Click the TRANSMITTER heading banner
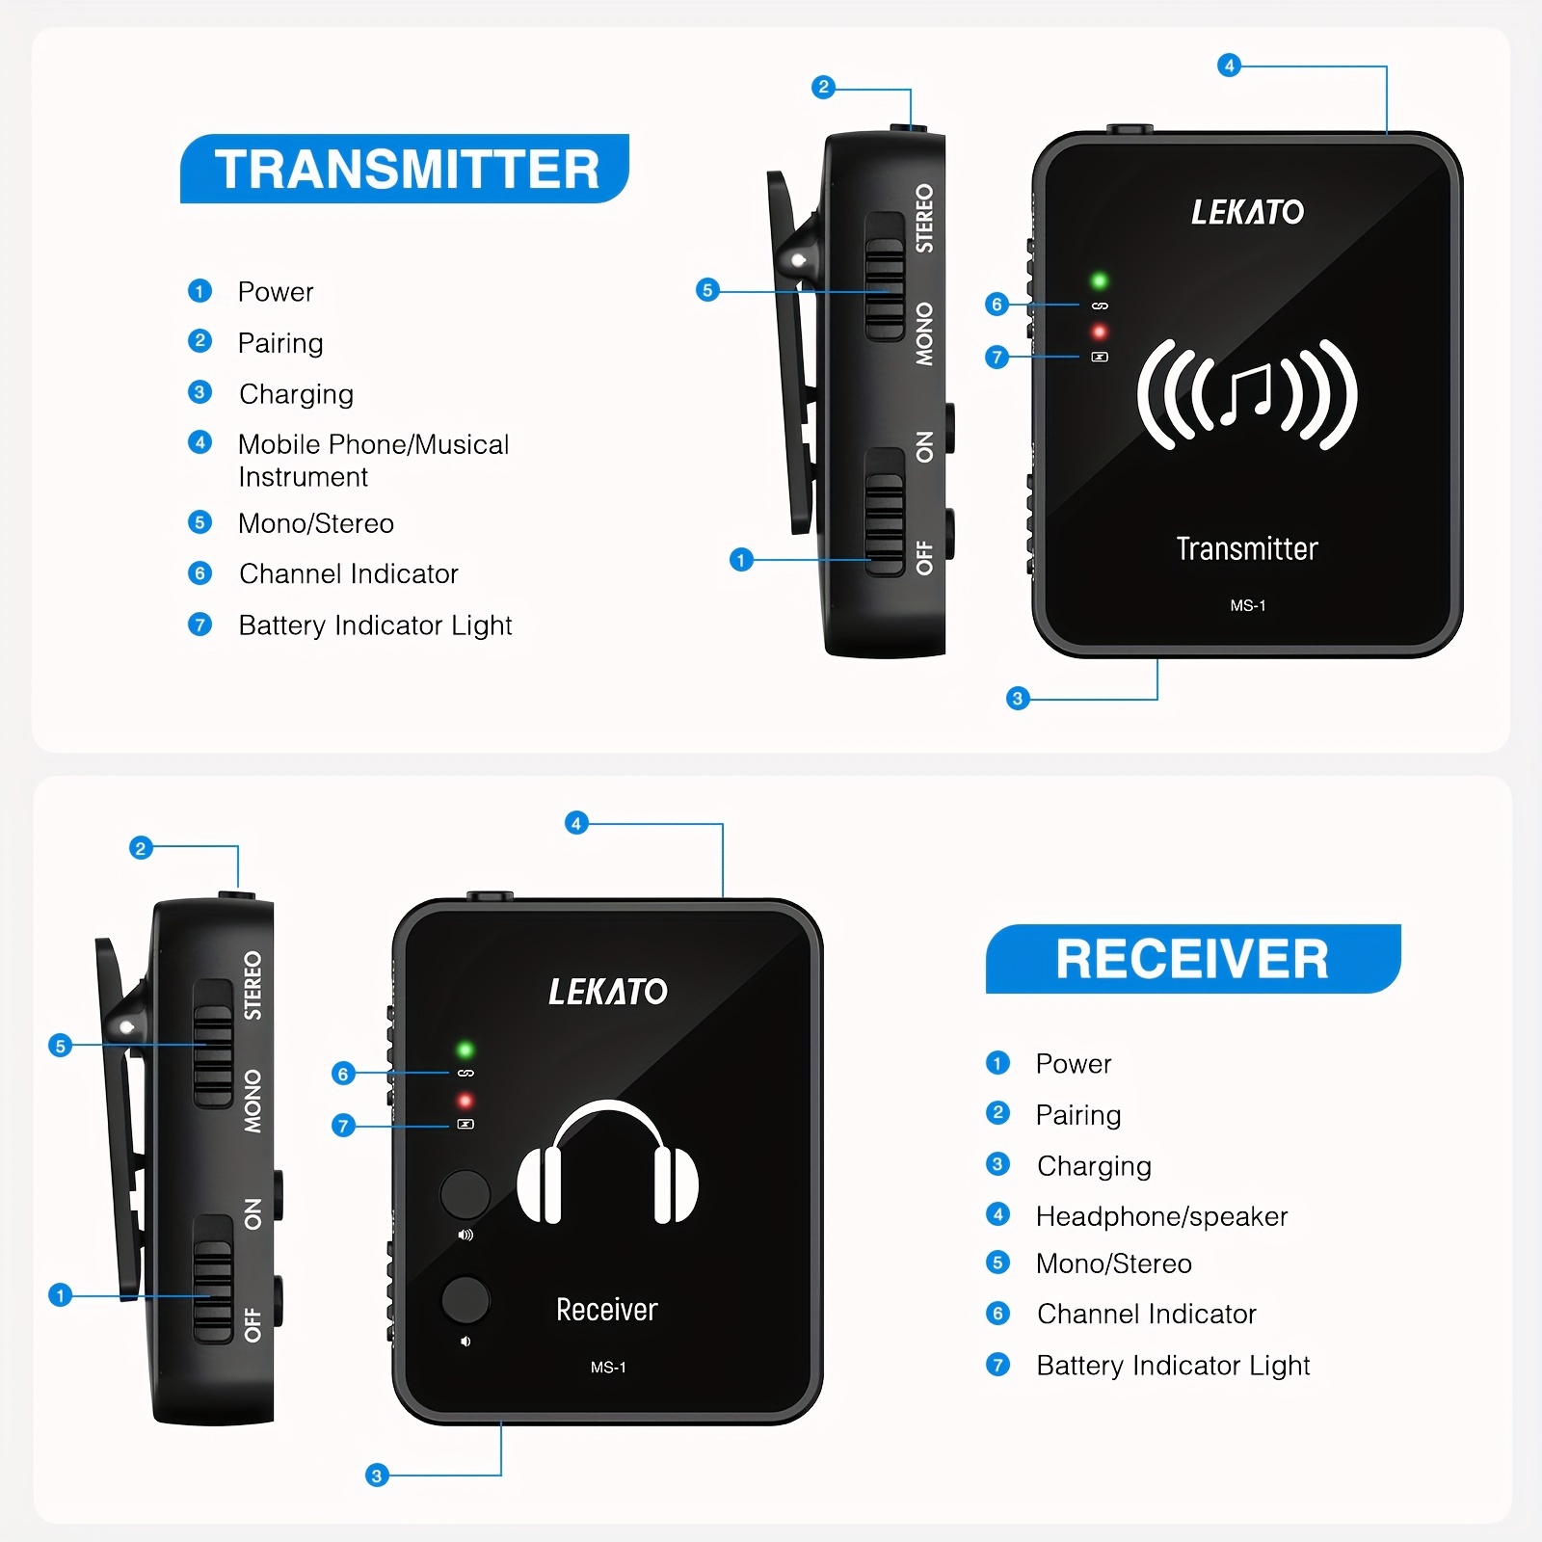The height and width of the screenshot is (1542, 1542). coord(405,169)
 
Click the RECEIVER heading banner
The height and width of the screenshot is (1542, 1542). coord(1192,959)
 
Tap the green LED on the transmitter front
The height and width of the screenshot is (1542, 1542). coord(1099,281)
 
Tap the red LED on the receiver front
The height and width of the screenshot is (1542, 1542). coord(465,1101)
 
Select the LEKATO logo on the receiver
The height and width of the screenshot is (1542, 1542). coord(607,992)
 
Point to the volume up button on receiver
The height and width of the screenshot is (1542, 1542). coord(465,1194)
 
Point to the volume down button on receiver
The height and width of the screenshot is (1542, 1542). coord(465,1299)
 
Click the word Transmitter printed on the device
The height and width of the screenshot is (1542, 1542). coord(1247,548)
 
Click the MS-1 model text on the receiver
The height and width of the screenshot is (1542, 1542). coord(608,1367)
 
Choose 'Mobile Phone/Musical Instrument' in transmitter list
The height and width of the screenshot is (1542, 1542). coord(373,460)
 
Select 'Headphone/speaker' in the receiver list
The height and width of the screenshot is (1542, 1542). coord(1161,1216)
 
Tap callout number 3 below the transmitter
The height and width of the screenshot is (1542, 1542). coord(1018,699)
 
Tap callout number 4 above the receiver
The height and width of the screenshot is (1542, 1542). coord(576,823)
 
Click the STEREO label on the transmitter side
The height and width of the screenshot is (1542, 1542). coord(924,219)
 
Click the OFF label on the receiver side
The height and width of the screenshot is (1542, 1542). coord(253,1324)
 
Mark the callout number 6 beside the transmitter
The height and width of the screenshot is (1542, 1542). coord(997,305)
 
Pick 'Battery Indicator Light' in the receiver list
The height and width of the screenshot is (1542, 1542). coord(1173,1365)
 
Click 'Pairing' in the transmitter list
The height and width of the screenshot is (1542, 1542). coord(280,343)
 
